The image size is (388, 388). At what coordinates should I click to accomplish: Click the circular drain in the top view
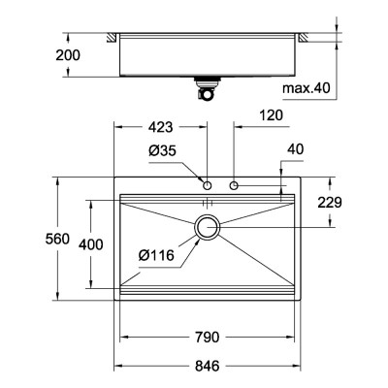(x=208, y=228)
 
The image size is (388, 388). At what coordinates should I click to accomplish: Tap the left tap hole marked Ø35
(x=208, y=184)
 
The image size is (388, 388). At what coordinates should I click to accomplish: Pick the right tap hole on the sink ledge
(x=235, y=184)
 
